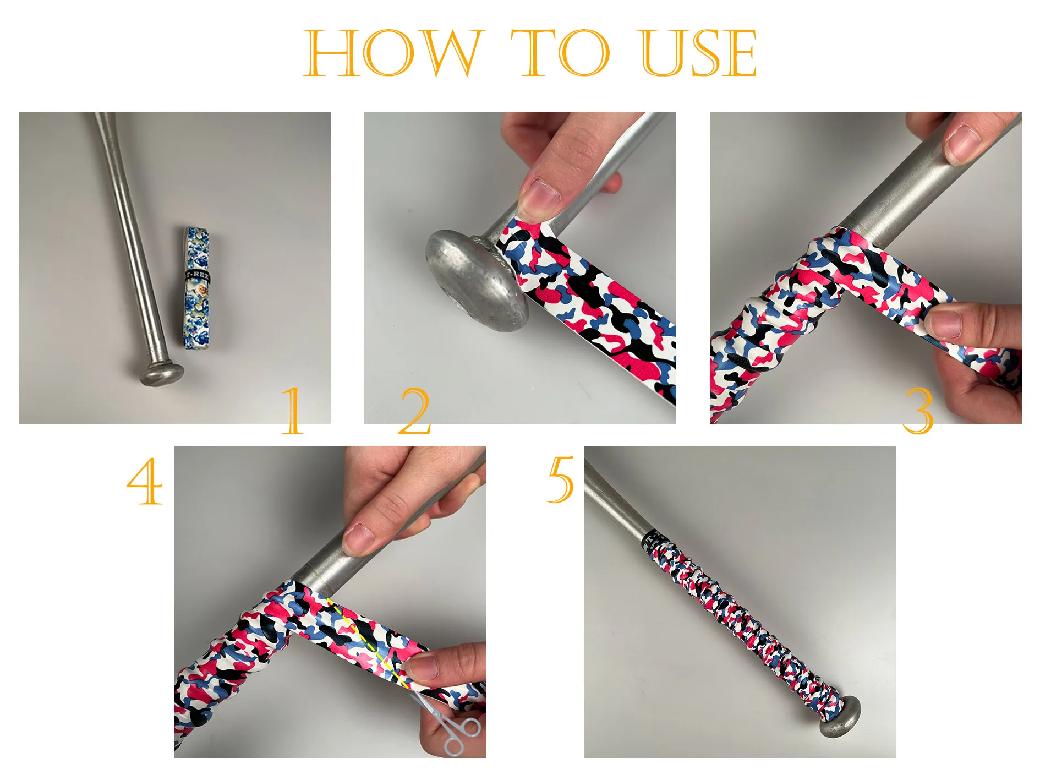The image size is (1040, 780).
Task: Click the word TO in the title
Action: [x=560, y=53]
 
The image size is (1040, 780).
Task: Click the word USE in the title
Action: [x=699, y=53]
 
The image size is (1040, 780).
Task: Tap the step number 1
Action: [x=293, y=410]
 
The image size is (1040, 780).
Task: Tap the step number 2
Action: [x=414, y=410]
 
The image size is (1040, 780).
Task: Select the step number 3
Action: [x=918, y=410]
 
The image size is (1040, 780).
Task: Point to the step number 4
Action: [x=145, y=482]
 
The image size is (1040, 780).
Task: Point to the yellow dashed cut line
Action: [x=367, y=642]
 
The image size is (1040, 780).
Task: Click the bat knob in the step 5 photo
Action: [x=840, y=717]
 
